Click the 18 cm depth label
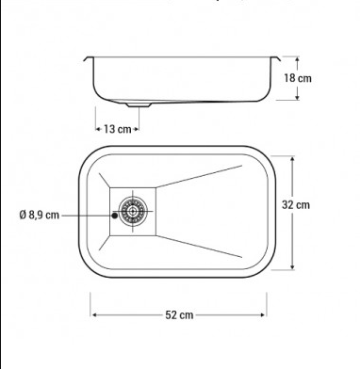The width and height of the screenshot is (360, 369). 298,78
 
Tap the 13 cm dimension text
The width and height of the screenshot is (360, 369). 118,129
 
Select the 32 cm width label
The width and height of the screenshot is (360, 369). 296,205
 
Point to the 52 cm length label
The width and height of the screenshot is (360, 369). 179,314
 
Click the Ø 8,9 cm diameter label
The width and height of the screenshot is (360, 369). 40,215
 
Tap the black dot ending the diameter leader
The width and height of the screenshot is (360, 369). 115,216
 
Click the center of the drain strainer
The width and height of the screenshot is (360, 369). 133,211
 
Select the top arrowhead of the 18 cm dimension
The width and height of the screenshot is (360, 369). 297,59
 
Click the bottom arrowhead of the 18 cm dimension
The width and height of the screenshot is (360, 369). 297,97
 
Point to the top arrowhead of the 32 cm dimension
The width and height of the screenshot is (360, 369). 292,159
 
